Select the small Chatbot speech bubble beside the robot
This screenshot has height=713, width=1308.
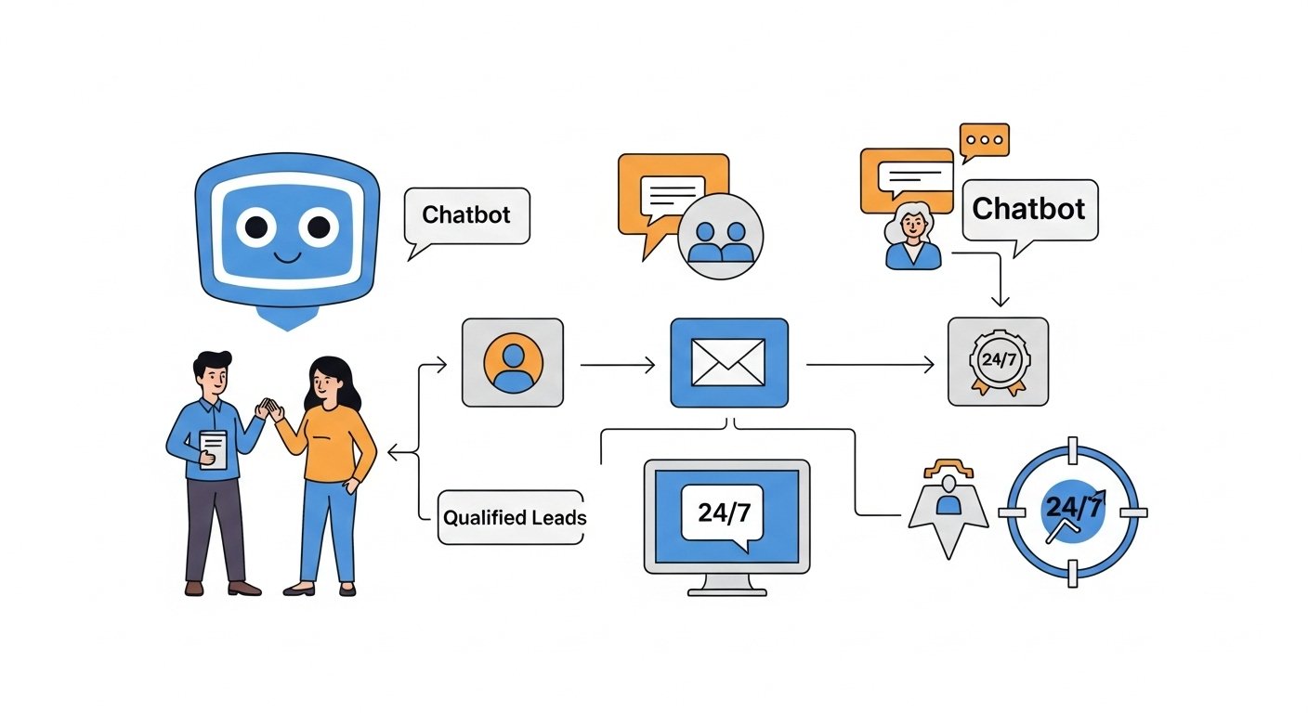point(466,215)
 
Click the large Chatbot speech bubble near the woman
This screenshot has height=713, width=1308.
point(1028,209)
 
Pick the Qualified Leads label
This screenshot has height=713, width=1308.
point(514,517)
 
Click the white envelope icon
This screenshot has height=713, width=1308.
point(728,362)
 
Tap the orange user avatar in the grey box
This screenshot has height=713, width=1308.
point(512,362)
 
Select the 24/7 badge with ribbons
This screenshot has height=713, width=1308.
point(997,362)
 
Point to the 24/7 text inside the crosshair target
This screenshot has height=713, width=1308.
point(1074,508)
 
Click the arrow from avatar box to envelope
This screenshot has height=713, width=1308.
point(617,366)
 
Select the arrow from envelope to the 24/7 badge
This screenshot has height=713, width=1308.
point(870,366)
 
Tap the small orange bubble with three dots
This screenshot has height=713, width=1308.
point(984,140)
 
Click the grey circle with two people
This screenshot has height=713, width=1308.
point(720,236)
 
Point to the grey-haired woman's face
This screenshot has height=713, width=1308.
point(911,224)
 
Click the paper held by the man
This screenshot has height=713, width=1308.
point(213,448)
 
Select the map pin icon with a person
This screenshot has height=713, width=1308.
point(948,507)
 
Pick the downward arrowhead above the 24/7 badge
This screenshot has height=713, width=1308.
point(1000,301)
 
